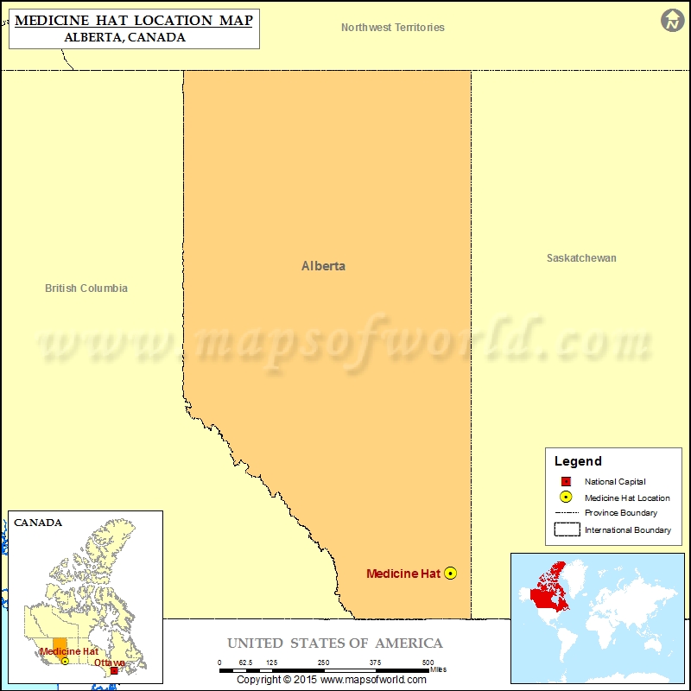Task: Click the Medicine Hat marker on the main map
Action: click(x=450, y=574)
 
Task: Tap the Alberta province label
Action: click(x=323, y=266)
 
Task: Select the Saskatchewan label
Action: click(x=581, y=258)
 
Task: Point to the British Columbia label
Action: click(x=86, y=288)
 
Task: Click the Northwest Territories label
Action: click(x=393, y=28)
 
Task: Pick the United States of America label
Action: click(x=335, y=643)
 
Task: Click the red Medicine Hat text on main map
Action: click(x=403, y=574)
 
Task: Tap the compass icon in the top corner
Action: click(x=673, y=21)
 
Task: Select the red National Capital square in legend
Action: click(x=566, y=481)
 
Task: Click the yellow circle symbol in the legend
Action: click(x=566, y=497)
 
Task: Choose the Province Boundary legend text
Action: click(x=620, y=513)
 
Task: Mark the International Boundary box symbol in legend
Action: click(x=566, y=529)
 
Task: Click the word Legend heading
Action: click(x=578, y=461)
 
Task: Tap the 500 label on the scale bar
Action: click(x=428, y=662)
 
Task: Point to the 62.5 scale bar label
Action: click(x=245, y=662)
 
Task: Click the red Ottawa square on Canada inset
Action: click(x=114, y=669)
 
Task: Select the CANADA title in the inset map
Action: click(x=38, y=523)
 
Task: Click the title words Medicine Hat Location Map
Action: click(x=134, y=20)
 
